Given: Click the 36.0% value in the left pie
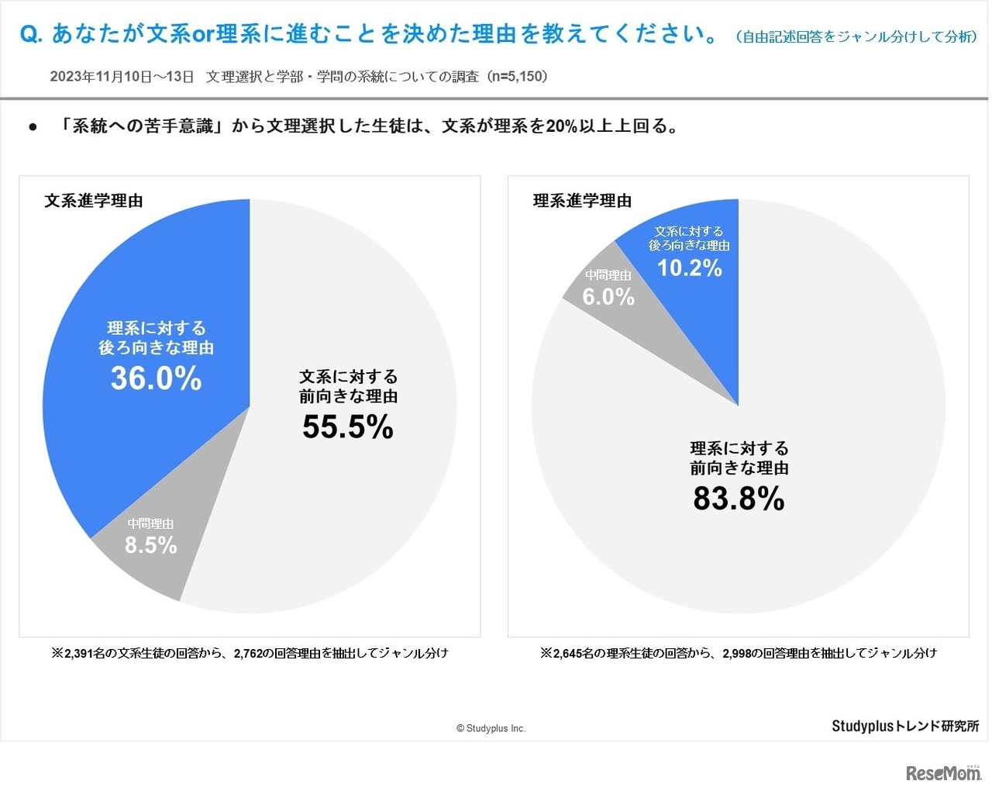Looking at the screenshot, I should (156, 378).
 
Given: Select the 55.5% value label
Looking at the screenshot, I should (348, 427).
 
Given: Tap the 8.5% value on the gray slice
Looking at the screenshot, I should (151, 545).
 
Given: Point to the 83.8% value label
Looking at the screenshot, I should (739, 499).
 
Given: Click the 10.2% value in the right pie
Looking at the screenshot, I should (690, 268).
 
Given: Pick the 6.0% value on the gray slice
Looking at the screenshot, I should (608, 296).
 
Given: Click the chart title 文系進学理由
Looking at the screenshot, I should (94, 201).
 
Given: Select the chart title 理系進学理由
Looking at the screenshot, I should (582, 201).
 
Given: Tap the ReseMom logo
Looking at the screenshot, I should (943, 773).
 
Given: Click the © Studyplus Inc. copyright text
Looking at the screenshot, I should (491, 728).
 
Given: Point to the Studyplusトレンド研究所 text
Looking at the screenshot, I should (905, 726).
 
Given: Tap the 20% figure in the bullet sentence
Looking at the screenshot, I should (562, 126).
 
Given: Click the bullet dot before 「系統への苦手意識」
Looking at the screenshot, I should (33, 126).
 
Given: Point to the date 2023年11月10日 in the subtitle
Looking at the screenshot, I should (99, 76).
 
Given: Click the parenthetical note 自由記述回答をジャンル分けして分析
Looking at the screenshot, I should (857, 36).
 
